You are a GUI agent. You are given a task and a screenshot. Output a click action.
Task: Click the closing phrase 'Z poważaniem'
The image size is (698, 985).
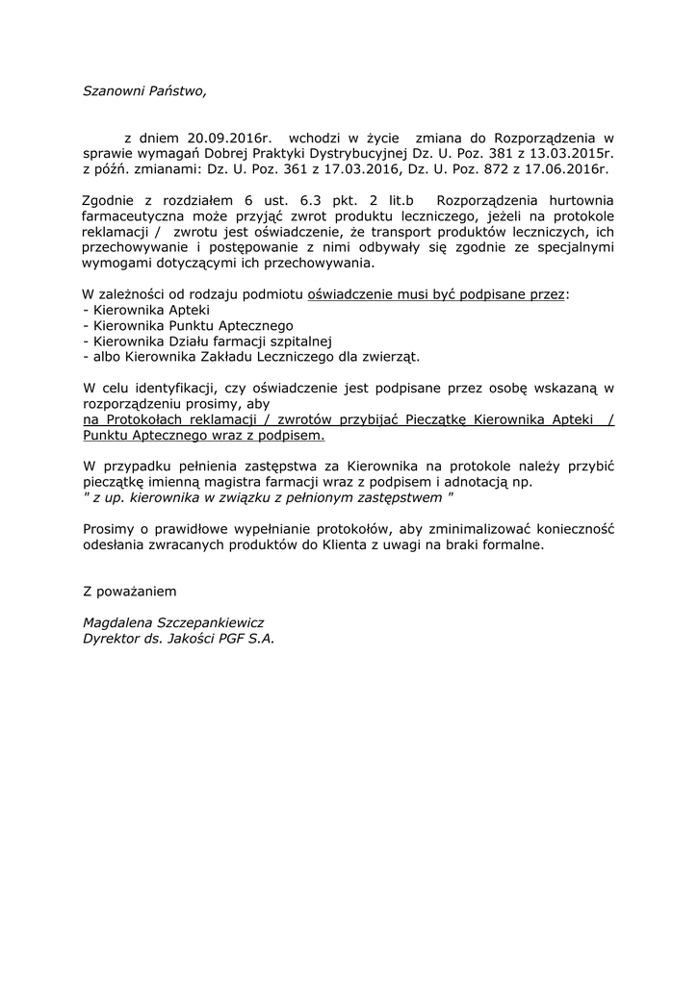click(x=130, y=590)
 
